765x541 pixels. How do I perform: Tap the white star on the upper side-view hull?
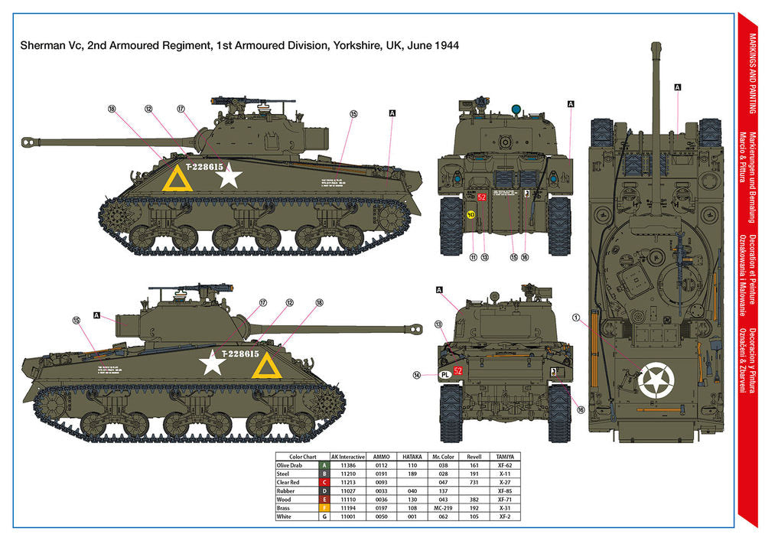[x=229, y=177]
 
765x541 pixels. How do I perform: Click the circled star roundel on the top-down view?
[x=656, y=380]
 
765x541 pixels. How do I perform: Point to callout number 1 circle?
[x=576, y=317]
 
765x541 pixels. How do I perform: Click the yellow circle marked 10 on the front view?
[x=471, y=215]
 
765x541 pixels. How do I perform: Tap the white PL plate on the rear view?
[x=444, y=374]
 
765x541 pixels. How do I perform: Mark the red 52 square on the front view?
[x=481, y=197]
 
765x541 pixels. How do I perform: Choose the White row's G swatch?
[x=324, y=517]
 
